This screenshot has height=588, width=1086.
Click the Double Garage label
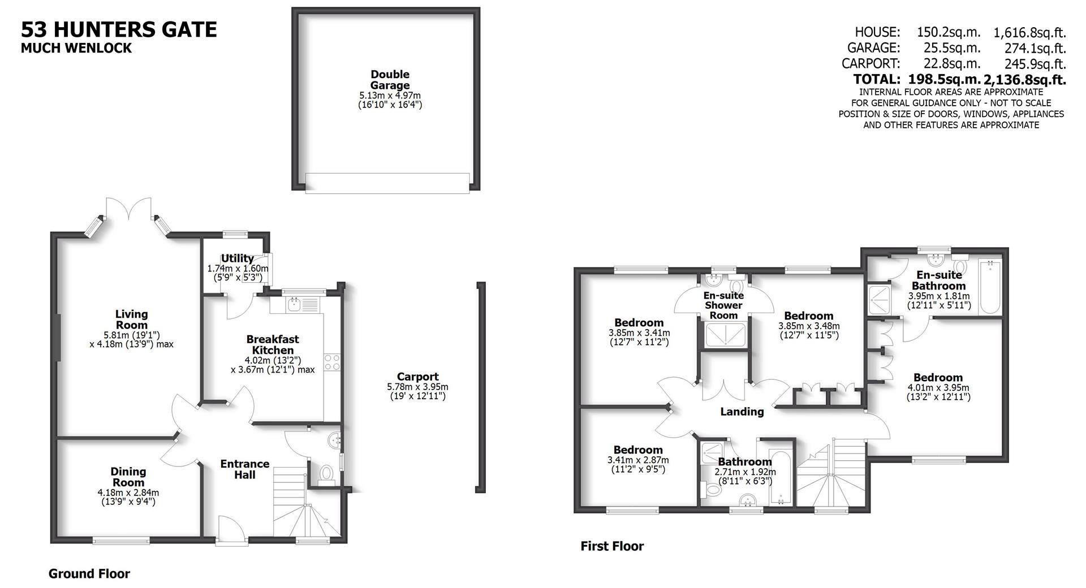click(390, 80)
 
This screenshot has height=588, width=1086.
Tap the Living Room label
click(131, 319)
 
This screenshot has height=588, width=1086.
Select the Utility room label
click(237, 259)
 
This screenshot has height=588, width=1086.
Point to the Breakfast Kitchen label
click(272, 344)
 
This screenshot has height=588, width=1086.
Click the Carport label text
click(417, 377)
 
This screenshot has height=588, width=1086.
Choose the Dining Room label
click(128, 477)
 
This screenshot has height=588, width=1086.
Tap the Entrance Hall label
click(244, 469)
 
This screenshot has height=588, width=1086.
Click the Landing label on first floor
click(742, 412)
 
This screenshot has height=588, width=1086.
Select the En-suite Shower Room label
click(723, 305)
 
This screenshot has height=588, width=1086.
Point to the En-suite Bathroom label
click(939, 280)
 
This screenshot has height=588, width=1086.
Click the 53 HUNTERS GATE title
click(119, 29)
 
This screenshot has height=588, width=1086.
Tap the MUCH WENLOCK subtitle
click(76, 48)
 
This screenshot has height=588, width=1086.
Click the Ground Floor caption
click(89, 574)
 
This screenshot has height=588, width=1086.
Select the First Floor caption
click(612, 546)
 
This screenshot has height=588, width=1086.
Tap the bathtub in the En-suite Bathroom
click(990, 286)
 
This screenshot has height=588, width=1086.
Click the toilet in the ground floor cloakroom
click(326, 473)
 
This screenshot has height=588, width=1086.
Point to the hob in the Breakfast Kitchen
click(332, 362)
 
